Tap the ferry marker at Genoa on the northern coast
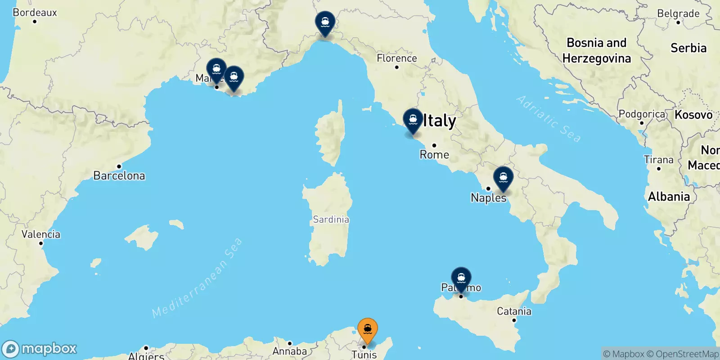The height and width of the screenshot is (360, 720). (x=325, y=22)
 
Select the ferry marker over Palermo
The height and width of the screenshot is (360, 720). (x=461, y=279)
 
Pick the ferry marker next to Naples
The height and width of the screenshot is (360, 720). (x=503, y=178)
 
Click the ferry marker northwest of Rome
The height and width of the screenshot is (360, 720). (x=413, y=120)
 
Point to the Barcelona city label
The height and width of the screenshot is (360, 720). (x=119, y=175)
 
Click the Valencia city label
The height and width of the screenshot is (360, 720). (x=41, y=234)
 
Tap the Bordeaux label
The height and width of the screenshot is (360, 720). (x=35, y=13)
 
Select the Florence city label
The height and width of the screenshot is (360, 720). (x=397, y=58)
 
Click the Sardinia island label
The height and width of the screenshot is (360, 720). (x=331, y=220)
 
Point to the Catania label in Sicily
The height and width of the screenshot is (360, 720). (x=514, y=311)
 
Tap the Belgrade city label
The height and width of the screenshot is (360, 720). (x=678, y=13)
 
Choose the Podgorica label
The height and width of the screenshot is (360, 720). (x=642, y=114)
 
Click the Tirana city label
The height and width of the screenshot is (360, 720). (x=659, y=160)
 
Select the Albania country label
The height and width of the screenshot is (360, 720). (x=669, y=197)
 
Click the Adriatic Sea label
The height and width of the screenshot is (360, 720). (x=549, y=118)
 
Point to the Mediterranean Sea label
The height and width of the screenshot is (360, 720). (x=197, y=278)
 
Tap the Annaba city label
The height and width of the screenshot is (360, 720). (x=290, y=351)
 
